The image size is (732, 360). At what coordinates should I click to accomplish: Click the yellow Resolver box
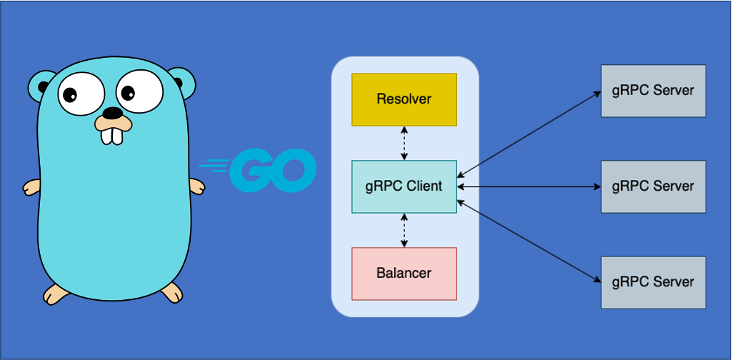coord(403,99)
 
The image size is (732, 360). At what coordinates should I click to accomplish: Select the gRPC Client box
coord(403,186)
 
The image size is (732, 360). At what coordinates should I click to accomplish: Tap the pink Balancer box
coord(403,274)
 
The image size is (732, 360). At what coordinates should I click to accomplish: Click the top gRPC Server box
coord(653,91)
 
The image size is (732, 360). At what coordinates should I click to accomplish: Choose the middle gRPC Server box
coord(653,186)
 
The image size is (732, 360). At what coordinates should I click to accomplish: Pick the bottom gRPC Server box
coord(653,281)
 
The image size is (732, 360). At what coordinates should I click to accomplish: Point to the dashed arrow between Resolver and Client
coord(405,143)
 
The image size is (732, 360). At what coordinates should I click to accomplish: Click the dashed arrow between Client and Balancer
coord(405,230)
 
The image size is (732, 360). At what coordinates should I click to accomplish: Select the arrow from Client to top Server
coord(528,134)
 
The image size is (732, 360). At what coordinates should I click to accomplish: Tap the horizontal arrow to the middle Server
coord(528,187)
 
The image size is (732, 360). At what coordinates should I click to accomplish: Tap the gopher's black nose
coord(113,113)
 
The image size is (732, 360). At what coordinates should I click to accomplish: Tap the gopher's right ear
coord(184,82)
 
